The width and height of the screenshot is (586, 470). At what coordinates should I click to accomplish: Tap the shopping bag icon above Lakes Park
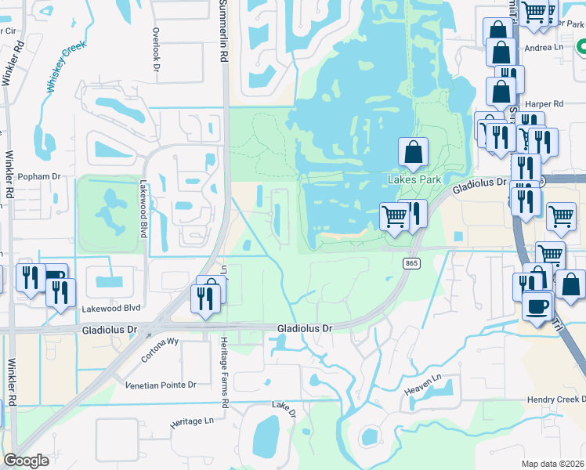pos(414,151)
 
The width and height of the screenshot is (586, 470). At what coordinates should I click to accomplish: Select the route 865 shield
pos(411,264)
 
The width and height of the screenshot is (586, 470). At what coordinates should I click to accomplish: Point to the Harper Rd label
pos(547,103)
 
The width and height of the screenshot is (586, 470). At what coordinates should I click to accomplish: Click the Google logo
pos(26,460)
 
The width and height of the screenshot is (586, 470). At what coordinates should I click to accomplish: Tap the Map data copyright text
pos(552,463)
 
